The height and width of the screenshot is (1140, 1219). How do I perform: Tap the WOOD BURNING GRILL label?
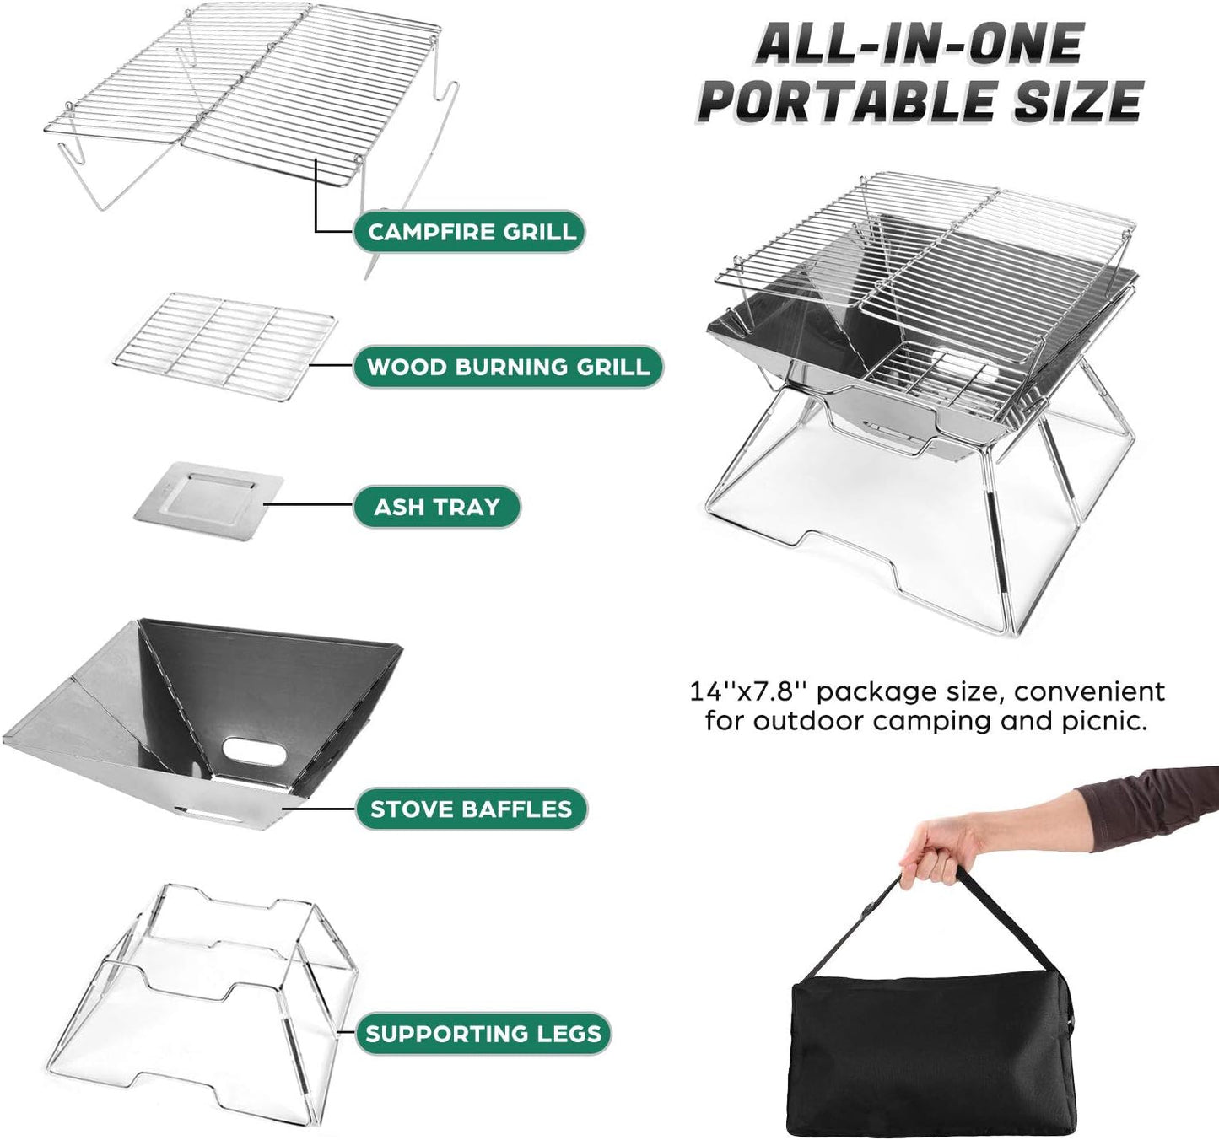(x=508, y=367)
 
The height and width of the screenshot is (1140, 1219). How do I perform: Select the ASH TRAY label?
(x=437, y=507)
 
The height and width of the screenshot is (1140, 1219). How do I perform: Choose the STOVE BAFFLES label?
(x=471, y=809)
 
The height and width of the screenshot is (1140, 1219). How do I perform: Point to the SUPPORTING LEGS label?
(x=483, y=1034)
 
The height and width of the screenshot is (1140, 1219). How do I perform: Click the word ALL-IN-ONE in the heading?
(x=920, y=44)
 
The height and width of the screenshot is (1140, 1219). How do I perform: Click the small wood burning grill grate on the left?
(x=224, y=341)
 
